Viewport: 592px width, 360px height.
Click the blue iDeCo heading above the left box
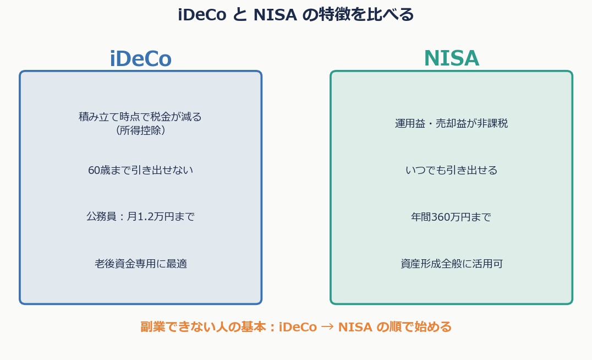pyautogui.click(x=140, y=59)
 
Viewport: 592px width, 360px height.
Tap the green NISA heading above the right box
pyautogui.click(x=451, y=59)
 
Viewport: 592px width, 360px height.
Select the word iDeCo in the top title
pyautogui.click(x=202, y=15)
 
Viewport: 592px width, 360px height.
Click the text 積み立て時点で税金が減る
pyautogui.click(x=140, y=117)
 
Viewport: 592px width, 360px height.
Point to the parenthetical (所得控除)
pyautogui.click(x=140, y=130)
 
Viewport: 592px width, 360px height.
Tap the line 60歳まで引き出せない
pyautogui.click(x=140, y=171)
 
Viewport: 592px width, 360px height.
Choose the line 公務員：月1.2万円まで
pyautogui.click(x=140, y=217)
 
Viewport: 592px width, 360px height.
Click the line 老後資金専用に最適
pyautogui.click(x=140, y=264)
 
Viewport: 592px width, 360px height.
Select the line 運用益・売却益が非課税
pyautogui.click(x=451, y=123)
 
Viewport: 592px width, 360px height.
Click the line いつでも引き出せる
pyautogui.click(x=451, y=171)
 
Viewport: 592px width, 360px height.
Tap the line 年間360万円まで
pyautogui.click(x=451, y=217)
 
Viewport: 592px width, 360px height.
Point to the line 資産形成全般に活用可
pyautogui.click(x=451, y=264)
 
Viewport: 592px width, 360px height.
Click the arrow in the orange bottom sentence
pyautogui.click(x=327, y=327)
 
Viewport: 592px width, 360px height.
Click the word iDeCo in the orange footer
pyautogui.click(x=298, y=327)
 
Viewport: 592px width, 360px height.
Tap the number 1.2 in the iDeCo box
pyautogui.click(x=143, y=217)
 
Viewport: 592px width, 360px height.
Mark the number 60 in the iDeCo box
pyautogui.click(x=94, y=171)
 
